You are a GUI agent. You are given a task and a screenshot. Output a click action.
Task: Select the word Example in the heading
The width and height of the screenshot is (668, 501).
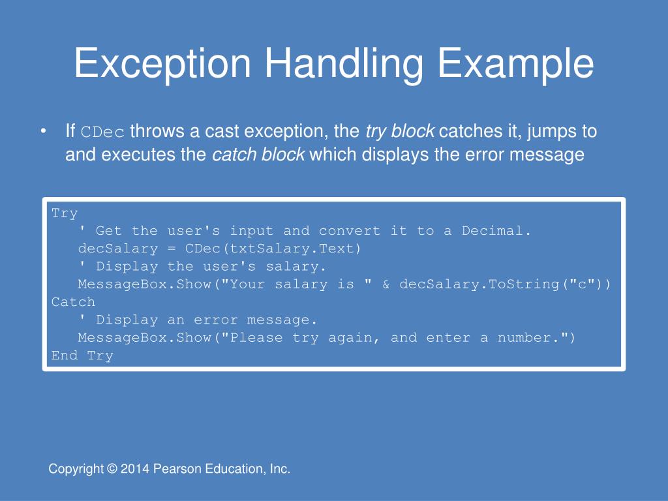coord(515,64)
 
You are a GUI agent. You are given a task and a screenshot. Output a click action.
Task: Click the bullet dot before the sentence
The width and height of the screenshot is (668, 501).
coord(43,132)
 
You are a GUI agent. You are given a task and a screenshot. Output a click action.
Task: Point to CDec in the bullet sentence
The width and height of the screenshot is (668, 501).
coord(102,132)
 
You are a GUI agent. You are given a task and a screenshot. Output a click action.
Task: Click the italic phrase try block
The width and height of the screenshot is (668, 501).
coord(400,132)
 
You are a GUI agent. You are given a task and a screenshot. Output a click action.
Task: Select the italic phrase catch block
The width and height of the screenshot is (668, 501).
coord(258,155)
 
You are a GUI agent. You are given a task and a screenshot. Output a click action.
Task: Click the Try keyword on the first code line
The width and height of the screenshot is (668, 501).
coord(65,213)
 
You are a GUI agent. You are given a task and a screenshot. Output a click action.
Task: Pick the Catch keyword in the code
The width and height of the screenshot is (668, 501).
coord(73,302)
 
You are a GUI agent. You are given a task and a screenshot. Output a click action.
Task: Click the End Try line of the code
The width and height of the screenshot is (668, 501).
coord(82,356)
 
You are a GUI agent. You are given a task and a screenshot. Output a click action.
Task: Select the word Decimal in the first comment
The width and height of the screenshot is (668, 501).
coord(496,231)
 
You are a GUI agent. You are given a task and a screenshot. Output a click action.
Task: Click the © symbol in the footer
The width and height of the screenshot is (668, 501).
coord(112,469)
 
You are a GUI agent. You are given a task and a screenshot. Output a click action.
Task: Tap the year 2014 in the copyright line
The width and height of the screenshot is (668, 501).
coord(134,469)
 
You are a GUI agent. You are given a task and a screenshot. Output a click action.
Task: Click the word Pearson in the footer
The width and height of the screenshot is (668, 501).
coord(172,469)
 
